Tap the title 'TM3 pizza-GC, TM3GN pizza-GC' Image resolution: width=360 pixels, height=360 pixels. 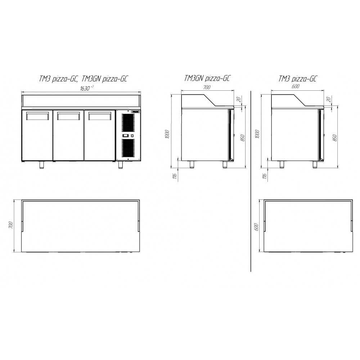pos(83,79)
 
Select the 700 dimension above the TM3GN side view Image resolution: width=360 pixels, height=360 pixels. pos(207,87)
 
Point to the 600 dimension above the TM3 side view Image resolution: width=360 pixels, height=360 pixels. pos(296,86)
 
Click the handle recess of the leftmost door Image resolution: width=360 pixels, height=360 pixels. pos(38,116)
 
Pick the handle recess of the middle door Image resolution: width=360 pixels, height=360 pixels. pos(68,116)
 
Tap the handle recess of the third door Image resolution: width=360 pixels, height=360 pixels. pos(100,116)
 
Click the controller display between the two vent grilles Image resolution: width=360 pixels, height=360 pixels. pos(126,136)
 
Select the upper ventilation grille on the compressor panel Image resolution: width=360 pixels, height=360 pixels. pos(128,123)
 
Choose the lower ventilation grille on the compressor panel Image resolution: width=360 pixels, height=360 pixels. pos(128,148)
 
